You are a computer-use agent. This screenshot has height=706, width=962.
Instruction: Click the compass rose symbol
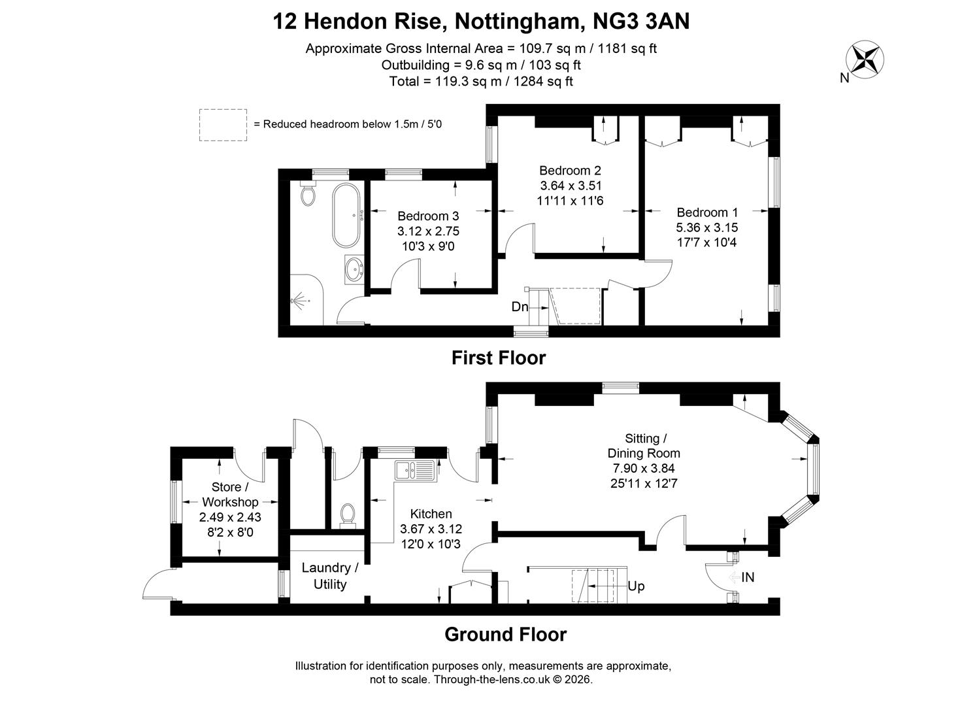[x=865, y=59]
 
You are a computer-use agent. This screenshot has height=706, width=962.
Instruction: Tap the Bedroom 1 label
[x=707, y=212]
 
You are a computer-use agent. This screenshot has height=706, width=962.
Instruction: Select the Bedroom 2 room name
[x=570, y=171]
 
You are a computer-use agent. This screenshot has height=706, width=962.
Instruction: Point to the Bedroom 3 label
[x=428, y=216]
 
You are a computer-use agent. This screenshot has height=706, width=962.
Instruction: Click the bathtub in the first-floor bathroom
[x=346, y=216]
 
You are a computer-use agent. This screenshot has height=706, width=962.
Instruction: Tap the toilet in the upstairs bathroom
[x=308, y=193]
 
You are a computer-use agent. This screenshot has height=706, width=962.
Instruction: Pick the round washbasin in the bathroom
[x=354, y=269]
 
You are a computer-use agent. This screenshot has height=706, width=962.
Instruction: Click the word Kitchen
[x=431, y=514]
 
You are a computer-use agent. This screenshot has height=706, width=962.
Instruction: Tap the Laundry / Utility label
[x=330, y=576]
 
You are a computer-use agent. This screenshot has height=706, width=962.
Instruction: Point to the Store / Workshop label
[x=230, y=494]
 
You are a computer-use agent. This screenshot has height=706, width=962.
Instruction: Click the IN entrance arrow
[x=735, y=577]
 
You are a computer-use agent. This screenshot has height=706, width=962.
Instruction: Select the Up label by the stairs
[x=636, y=586]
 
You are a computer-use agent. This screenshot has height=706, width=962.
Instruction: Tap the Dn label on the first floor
[x=520, y=307]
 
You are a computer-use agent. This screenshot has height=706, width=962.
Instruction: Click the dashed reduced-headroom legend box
[x=223, y=125]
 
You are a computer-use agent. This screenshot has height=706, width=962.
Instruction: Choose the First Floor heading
[x=498, y=358]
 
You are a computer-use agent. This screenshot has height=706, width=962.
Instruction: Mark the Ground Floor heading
[x=505, y=634]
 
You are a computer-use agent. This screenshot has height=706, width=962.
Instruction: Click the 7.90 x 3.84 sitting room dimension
[x=644, y=468]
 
